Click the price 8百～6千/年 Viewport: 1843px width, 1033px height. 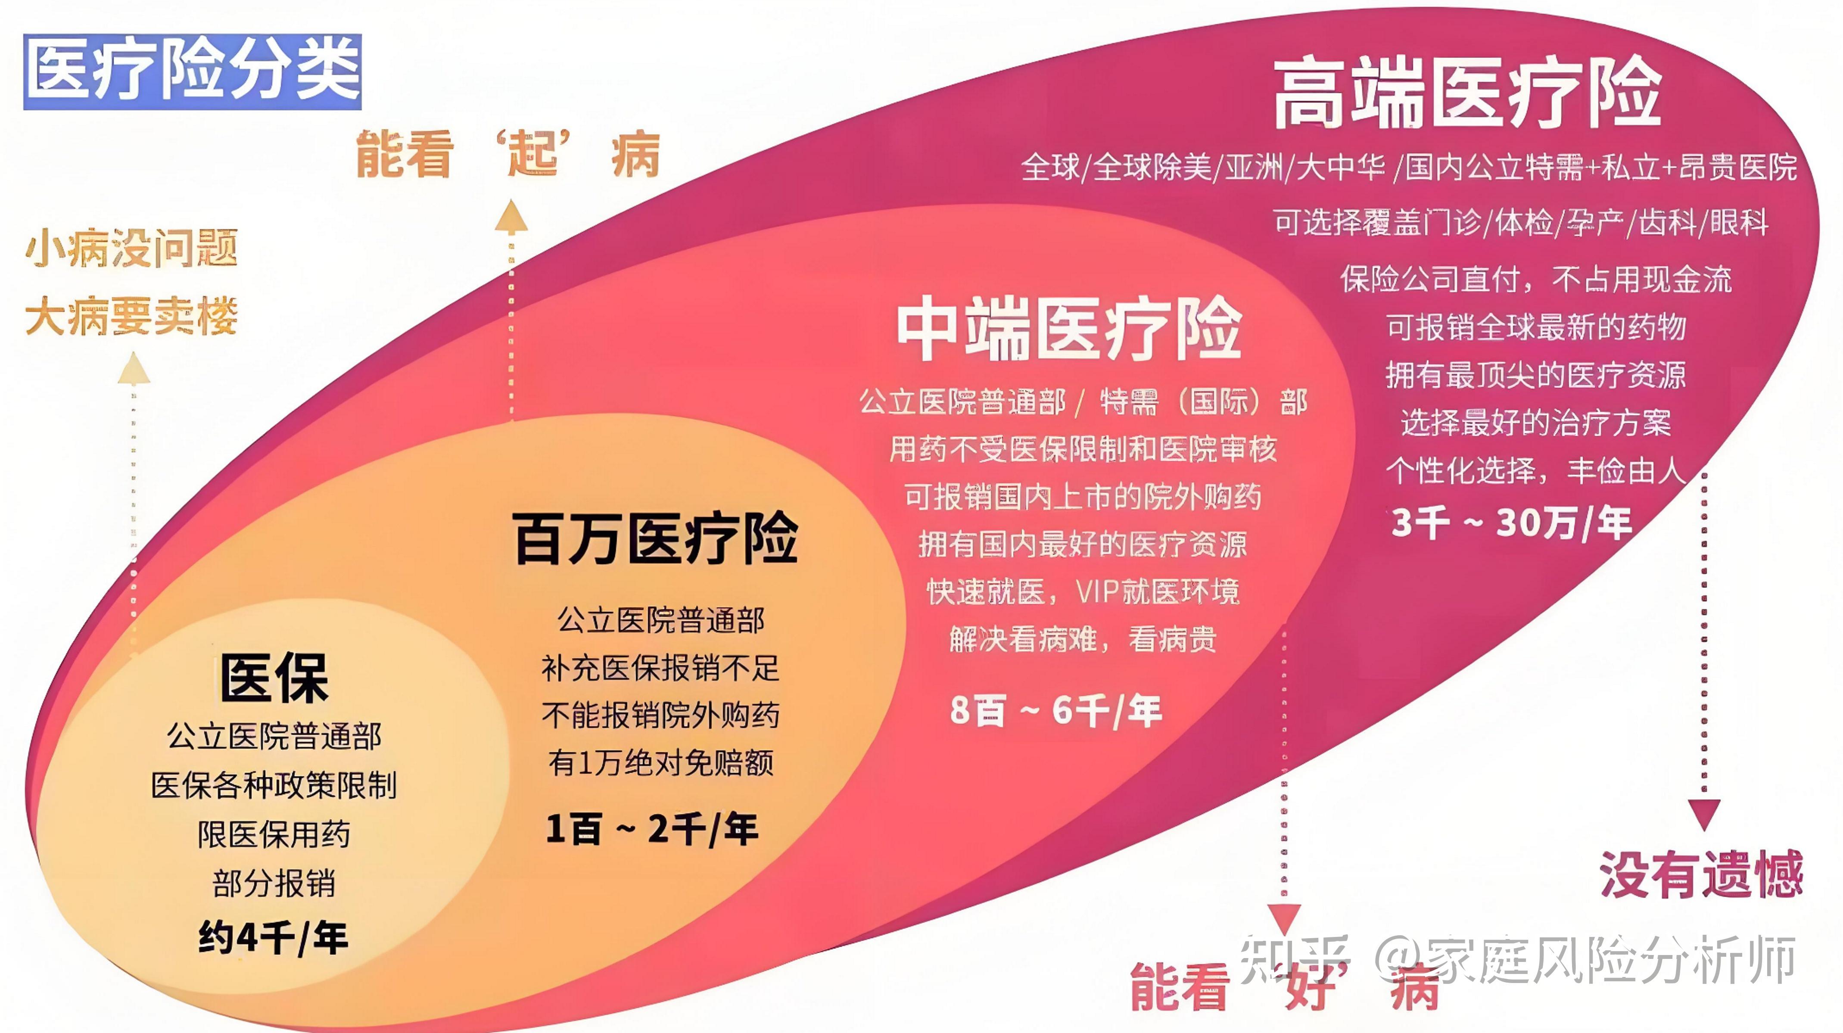pyautogui.click(x=1056, y=710)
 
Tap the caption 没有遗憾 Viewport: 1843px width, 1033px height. pyautogui.click(x=1701, y=874)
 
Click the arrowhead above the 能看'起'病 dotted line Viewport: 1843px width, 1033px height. pyautogui.click(x=511, y=216)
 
